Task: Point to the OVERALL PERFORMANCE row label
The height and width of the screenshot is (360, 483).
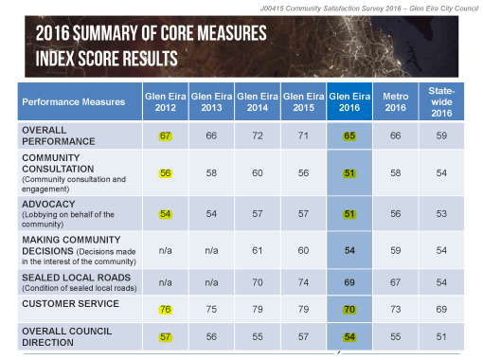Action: [59, 135]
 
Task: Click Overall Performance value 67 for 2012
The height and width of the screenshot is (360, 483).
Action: [165, 135]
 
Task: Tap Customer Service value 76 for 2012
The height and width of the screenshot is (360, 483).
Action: [165, 308]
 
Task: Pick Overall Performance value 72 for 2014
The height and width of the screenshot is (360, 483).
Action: [258, 135]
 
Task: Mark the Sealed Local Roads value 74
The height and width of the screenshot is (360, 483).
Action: [303, 281]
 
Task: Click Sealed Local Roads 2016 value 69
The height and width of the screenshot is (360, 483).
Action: [349, 281]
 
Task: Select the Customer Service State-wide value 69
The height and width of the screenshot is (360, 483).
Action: [440, 308]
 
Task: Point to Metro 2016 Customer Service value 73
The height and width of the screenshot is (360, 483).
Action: [395, 308]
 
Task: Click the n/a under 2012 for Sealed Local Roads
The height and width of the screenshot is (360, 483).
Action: [165, 281]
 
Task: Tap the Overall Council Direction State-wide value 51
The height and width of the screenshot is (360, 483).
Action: [440, 337]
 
